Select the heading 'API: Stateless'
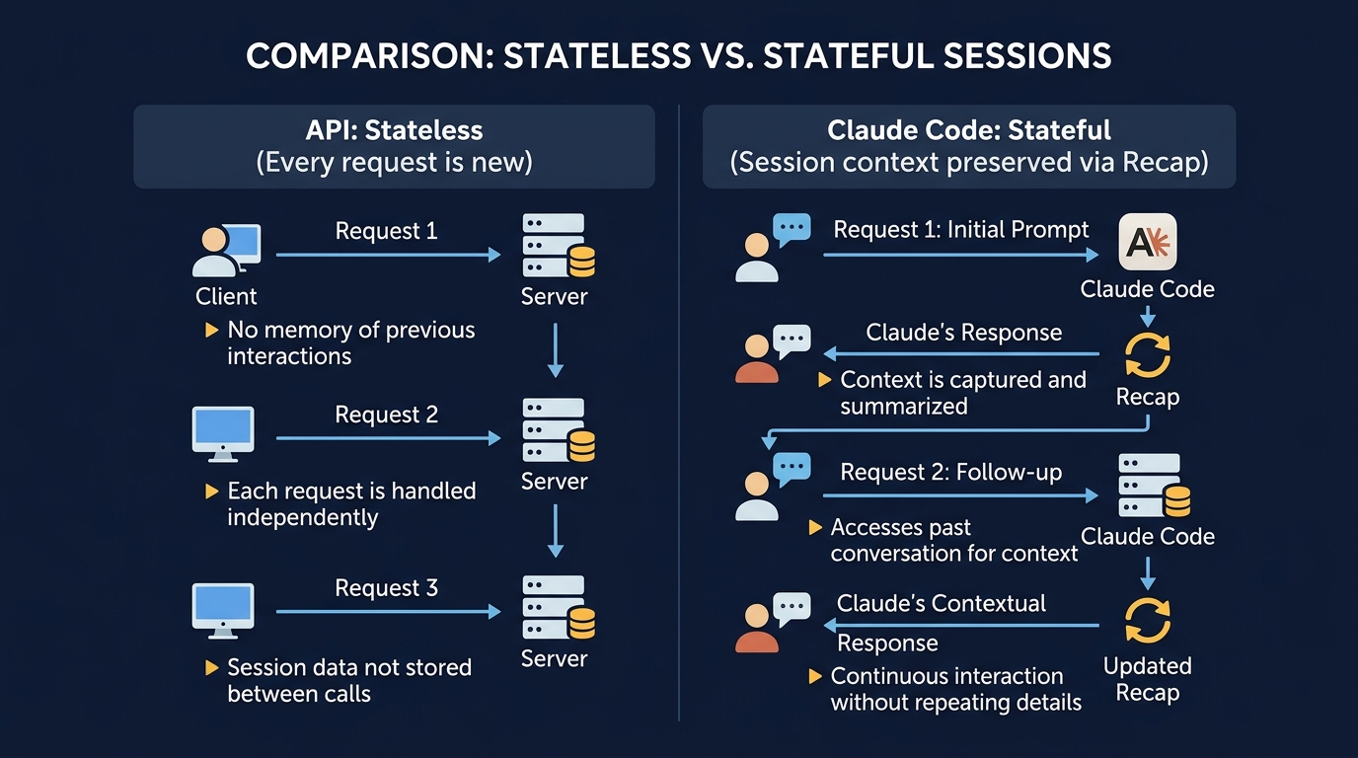[x=393, y=129]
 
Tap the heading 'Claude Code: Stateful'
[x=968, y=129]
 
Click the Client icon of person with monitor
[x=226, y=251]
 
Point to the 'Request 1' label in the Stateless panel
[x=386, y=231]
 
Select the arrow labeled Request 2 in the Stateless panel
[x=388, y=437]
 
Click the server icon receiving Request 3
[x=558, y=608]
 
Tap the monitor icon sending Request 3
[x=222, y=611]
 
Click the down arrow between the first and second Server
[x=555, y=349]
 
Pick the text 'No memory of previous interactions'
[x=350, y=342]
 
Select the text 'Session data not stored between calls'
[x=348, y=680]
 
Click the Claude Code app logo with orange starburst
[x=1147, y=243]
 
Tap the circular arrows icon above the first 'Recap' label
[x=1148, y=355]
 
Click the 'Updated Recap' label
[x=1147, y=679]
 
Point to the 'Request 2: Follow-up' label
[x=950, y=472]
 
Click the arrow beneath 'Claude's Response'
[x=961, y=353]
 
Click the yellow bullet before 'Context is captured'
[x=824, y=380]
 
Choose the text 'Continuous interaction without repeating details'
[x=955, y=689]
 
